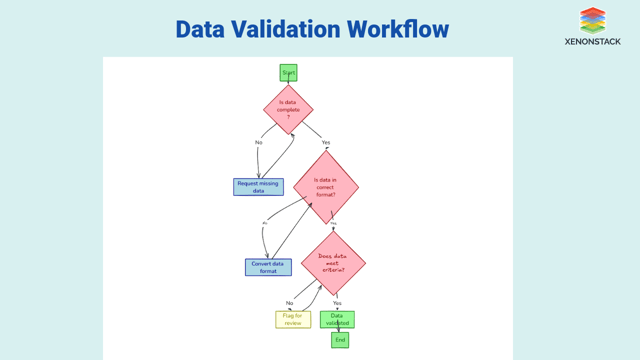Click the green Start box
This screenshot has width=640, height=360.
click(x=288, y=73)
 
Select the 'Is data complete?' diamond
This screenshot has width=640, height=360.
click(x=288, y=109)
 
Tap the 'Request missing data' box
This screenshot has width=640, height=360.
click(x=258, y=187)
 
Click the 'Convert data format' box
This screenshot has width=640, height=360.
click(x=268, y=267)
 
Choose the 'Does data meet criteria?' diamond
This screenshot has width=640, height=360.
click(x=333, y=263)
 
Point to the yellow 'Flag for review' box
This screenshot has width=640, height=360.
click(x=293, y=319)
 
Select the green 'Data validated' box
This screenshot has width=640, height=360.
click(x=338, y=319)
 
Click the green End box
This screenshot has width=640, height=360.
click(x=340, y=340)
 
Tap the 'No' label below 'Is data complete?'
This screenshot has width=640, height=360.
click(x=258, y=142)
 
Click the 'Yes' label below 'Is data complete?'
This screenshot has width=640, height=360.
click(x=326, y=142)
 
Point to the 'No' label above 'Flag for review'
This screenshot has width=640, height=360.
click(x=289, y=302)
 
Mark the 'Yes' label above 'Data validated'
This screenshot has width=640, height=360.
click(x=337, y=302)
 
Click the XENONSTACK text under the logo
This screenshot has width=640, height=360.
click(x=592, y=43)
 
